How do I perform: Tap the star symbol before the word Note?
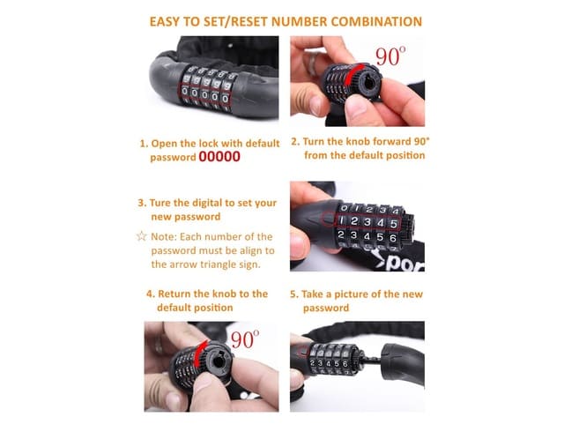(141, 237)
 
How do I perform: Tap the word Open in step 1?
(167, 142)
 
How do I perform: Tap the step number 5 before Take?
(293, 294)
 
